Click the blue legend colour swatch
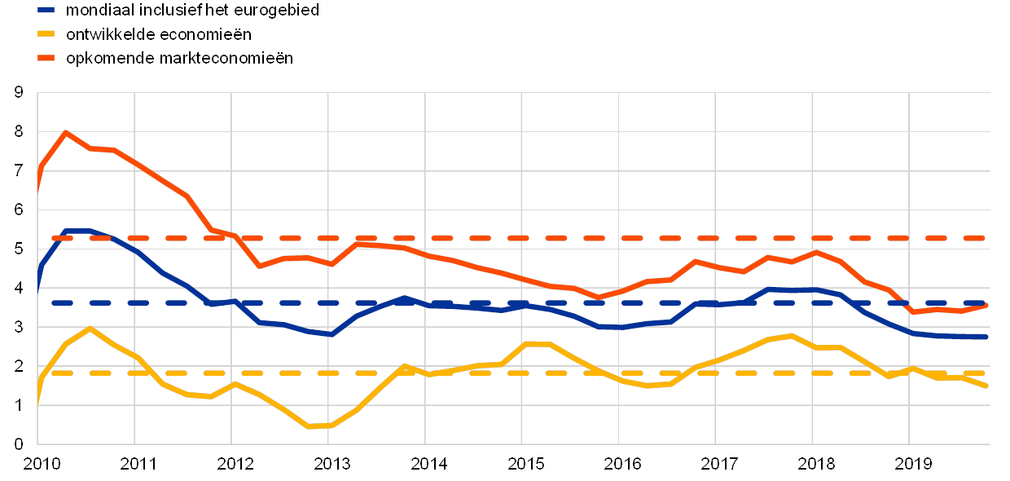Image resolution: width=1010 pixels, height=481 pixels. coord(46,11)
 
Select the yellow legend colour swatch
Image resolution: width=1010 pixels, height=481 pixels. coord(46,34)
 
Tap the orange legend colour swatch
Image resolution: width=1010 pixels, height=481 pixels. coord(46,58)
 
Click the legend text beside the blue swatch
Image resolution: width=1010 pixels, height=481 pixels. coord(191,11)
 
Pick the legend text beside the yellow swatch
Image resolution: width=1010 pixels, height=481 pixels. coord(158,34)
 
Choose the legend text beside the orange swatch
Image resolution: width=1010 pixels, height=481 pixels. coord(178,58)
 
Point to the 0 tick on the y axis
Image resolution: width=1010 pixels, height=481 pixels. coord(18,444)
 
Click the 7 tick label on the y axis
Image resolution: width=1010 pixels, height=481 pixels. coord(18,170)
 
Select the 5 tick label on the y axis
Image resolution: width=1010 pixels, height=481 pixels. coord(18,249)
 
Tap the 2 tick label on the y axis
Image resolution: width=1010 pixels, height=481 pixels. coord(18,366)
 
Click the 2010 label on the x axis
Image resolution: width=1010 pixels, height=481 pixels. coord(39,464)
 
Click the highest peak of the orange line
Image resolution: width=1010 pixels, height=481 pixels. coord(64,132)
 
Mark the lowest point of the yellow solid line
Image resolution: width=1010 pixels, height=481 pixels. coord(309,426)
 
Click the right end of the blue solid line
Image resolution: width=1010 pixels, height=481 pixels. coord(986,337)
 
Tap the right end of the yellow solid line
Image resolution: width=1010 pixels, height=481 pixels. coord(986,386)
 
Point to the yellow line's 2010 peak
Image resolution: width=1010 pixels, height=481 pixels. coord(90,328)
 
